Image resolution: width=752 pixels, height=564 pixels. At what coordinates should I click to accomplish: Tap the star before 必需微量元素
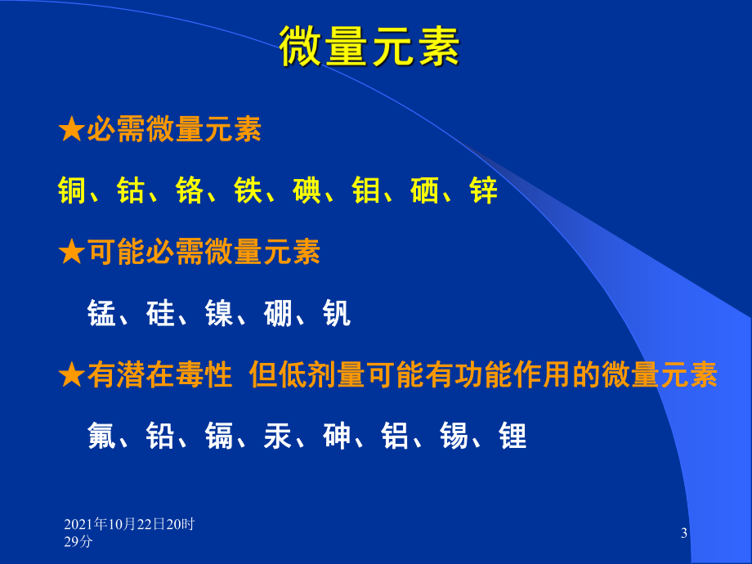coord(72,131)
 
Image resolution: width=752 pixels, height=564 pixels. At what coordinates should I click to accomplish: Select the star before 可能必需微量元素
coord(72,253)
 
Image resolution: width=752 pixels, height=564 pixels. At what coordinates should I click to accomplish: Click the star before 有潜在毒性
coord(72,375)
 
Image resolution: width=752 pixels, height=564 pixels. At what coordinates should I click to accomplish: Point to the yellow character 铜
coord(73,191)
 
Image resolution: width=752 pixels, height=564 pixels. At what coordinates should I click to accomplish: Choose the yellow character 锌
coord(483,191)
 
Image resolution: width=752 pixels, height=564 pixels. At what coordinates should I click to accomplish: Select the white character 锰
coord(101,314)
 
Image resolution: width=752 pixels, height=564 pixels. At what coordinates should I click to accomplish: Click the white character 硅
coord(160,314)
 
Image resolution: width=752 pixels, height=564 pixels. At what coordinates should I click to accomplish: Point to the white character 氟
coord(101,436)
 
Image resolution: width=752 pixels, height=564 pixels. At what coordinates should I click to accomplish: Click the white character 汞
coord(278,436)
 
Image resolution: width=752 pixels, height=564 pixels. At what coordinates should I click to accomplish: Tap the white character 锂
coord(513,436)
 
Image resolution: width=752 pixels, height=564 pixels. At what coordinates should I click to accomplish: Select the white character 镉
coord(219,436)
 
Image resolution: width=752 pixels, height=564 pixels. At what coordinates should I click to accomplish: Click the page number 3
coord(684,534)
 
